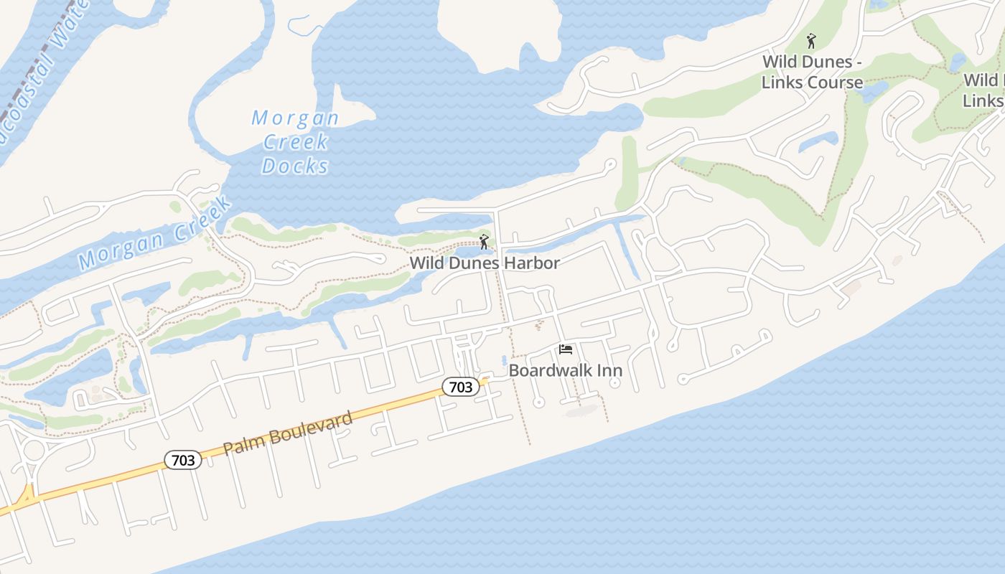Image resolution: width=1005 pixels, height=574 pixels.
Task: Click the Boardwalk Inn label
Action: pos(565,371)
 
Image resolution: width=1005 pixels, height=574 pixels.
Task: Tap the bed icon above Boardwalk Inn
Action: pos(566,349)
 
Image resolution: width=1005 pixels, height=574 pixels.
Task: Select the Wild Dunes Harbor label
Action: pos(485,263)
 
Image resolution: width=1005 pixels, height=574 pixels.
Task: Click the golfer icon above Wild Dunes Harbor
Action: pos(485,242)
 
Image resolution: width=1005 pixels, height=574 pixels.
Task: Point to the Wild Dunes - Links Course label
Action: pos(812,72)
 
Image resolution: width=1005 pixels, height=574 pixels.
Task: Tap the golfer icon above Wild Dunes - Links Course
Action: pos(812,41)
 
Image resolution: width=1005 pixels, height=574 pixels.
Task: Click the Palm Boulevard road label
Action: pos(288,433)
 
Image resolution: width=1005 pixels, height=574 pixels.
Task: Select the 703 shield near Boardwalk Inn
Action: pos(460,387)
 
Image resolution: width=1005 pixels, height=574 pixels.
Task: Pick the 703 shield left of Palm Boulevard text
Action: pos(183,460)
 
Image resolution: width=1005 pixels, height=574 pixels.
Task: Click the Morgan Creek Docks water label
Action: pos(295,141)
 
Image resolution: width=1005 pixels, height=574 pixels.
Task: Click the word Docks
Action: pos(295,166)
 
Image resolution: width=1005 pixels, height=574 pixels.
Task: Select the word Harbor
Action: pos(532,263)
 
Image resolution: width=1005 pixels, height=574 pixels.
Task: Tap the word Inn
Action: pos(607,371)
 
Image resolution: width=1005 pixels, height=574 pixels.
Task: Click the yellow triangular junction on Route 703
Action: pos(28,495)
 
